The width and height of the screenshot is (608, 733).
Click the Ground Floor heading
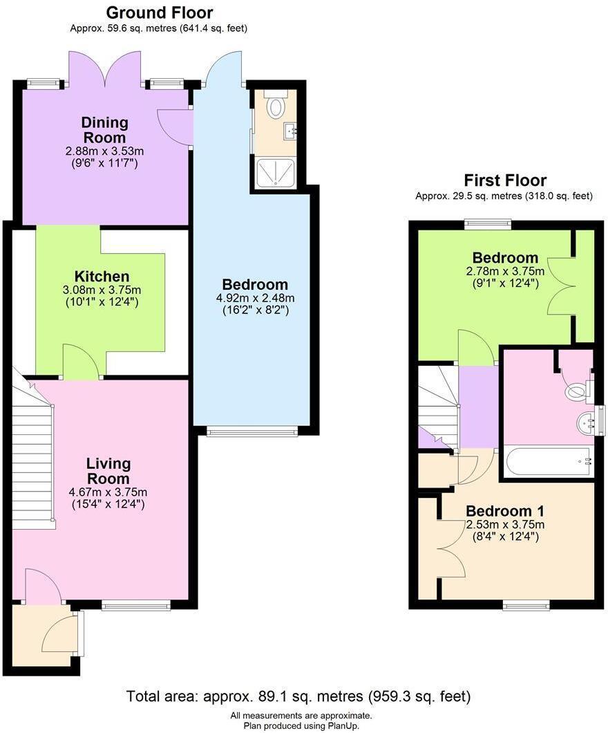(159, 12)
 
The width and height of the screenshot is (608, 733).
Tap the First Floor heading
(504, 180)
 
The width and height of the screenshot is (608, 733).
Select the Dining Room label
(105, 130)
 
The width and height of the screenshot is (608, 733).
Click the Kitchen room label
(103, 277)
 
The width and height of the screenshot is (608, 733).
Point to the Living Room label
(108, 471)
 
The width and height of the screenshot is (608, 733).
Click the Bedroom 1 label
(504, 511)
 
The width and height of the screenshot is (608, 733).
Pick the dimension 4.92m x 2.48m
(255, 298)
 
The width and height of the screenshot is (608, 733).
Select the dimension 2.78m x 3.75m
(504, 271)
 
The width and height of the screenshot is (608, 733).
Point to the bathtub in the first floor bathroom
(549, 461)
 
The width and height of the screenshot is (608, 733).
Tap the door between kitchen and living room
(82, 363)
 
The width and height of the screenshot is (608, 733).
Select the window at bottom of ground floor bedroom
(252, 432)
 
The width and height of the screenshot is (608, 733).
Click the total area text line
(298, 696)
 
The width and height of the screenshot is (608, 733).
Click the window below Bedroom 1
(526, 606)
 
